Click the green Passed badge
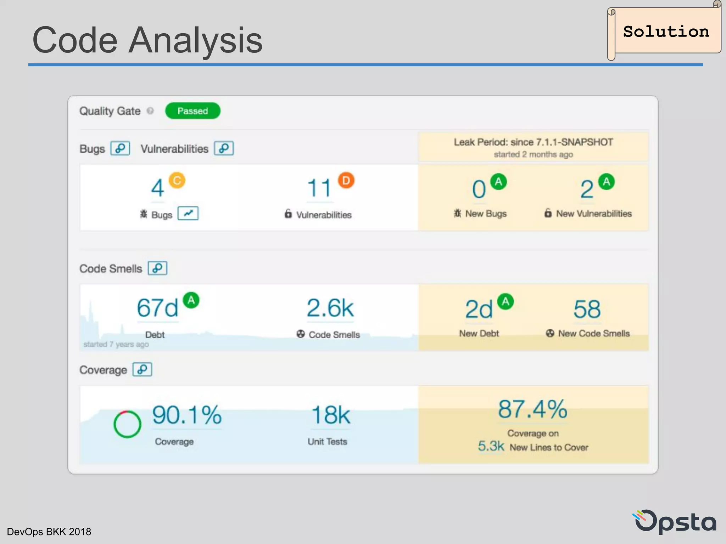tap(192, 111)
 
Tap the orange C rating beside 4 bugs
tap(177, 181)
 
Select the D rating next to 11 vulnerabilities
tap(346, 181)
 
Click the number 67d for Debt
tap(157, 308)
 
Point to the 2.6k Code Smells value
tap(330, 308)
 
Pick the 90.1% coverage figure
tap(187, 415)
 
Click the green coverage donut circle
tap(127, 424)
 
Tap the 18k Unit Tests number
tap(330, 415)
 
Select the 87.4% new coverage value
tap(532, 409)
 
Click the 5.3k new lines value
tap(491, 446)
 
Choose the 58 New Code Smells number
tap(587, 309)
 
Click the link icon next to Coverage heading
tap(142, 369)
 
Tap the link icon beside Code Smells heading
tap(157, 268)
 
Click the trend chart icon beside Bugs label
tap(188, 214)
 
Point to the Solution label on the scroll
tap(666, 32)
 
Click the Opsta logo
tap(675, 521)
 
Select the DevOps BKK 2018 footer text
tap(49, 532)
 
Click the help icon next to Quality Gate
tap(150, 111)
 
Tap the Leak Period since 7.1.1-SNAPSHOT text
tap(533, 142)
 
